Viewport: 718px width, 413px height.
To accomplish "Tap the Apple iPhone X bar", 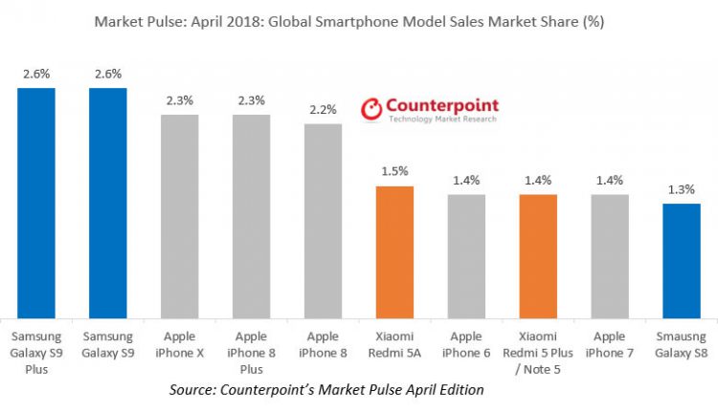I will tap(179, 216).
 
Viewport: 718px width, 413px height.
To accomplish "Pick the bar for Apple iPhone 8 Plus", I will tap(251, 216).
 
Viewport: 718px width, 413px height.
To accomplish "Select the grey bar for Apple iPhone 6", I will tap(466, 256).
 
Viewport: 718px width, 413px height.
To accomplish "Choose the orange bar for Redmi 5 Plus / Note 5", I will tap(538, 256).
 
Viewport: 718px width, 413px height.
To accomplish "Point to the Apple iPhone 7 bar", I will tap(610, 256).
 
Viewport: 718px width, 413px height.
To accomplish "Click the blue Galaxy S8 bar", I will tap(682, 260).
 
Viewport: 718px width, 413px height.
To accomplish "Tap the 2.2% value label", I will tap(323, 110).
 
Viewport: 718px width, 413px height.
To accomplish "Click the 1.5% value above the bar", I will tap(394, 171).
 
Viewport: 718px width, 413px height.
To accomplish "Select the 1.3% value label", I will tap(682, 189).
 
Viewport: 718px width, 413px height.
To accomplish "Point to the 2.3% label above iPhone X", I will tap(179, 100).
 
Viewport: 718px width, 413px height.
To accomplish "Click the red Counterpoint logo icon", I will tap(370, 111).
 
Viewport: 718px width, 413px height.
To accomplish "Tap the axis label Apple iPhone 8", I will tap(323, 344).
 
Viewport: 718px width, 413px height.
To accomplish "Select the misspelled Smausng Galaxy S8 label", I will tap(682, 344).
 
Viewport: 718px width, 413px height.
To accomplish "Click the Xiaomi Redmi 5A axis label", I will tap(394, 344).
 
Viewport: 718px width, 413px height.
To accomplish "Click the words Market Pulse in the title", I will tap(134, 20).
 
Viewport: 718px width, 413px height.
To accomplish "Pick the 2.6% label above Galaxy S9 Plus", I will tap(36, 74).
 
